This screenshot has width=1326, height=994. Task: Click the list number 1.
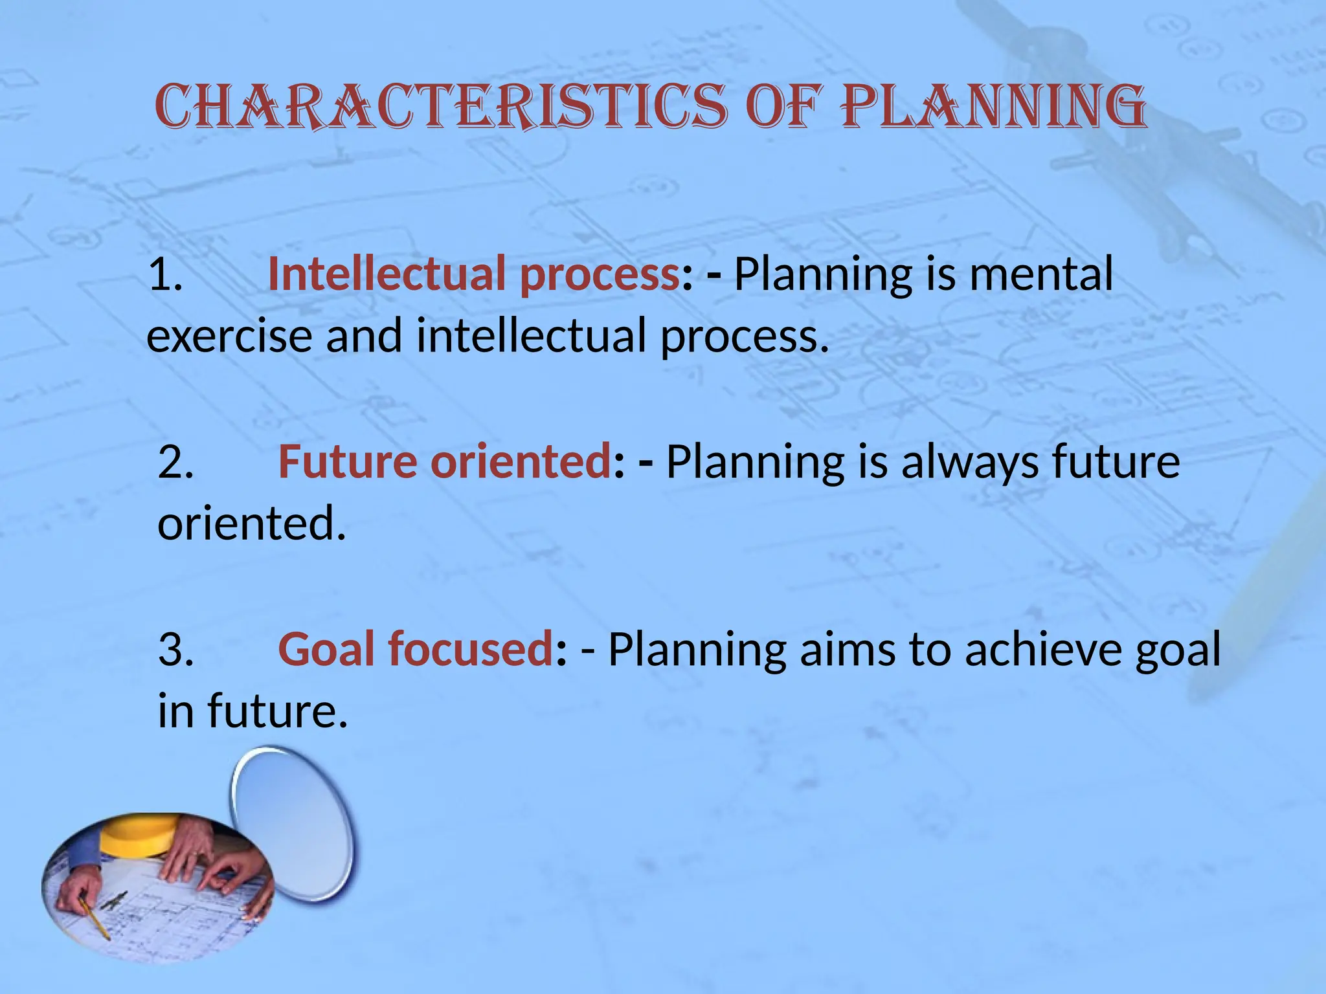pyautogui.click(x=165, y=274)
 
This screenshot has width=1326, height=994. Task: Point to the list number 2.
pyautogui.click(x=175, y=462)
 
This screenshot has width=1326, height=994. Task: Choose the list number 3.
pyautogui.click(x=175, y=650)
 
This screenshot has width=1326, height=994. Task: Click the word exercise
pyautogui.click(x=229, y=337)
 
